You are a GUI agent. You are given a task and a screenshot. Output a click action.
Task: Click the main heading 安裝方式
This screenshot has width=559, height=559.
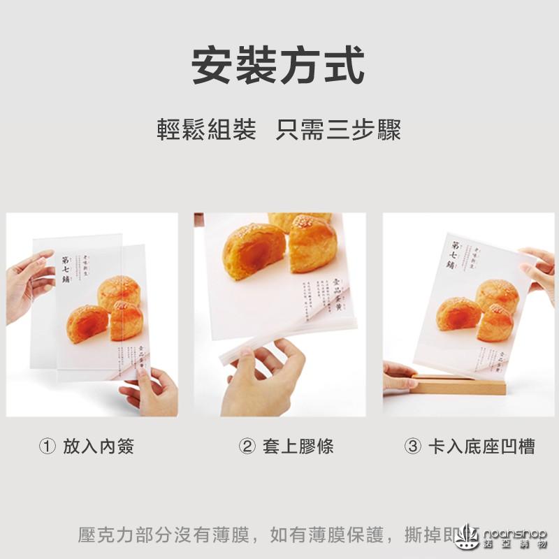click(279, 66)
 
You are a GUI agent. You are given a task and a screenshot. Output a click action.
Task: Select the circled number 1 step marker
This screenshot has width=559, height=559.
click(47, 447)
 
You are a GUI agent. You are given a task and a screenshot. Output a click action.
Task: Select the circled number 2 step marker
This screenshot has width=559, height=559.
click(247, 447)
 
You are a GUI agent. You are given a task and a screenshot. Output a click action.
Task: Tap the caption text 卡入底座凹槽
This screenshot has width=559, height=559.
click(481, 447)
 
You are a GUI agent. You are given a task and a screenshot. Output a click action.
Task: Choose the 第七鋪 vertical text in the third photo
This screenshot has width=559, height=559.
click(454, 255)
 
